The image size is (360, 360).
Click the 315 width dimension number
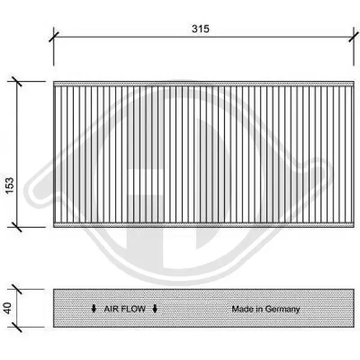(x=201, y=29)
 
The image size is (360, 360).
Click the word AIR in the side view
(x=112, y=309)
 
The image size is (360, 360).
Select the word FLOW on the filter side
(x=134, y=309)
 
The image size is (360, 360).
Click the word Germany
(x=281, y=309)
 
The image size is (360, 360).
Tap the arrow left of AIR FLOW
(x=94, y=309)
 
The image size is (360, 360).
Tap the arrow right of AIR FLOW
(x=155, y=309)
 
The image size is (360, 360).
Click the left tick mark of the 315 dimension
(x=53, y=35)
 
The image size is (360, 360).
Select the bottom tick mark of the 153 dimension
(x=17, y=227)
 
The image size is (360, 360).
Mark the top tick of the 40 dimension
(x=17, y=289)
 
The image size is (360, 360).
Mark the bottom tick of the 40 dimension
(x=17, y=327)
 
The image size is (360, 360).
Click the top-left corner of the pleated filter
(x=54, y=82)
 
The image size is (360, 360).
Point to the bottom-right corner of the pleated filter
(x=353, y=227)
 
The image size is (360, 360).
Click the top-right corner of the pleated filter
(x=353, y=82)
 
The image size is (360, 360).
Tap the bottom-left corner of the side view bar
(x=54, y=327)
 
